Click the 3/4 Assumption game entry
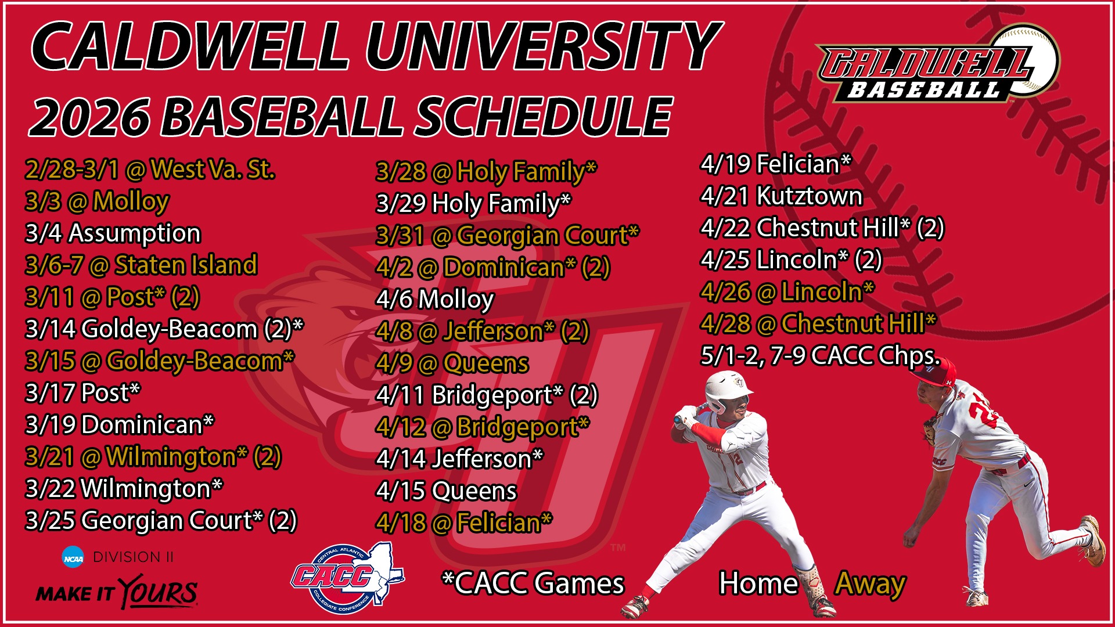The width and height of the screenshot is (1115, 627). (113, 233)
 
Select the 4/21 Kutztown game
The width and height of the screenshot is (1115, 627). (781, 196)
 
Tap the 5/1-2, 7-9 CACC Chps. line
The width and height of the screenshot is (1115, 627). (820, 356)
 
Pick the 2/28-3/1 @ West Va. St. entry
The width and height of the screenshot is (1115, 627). (150, 170)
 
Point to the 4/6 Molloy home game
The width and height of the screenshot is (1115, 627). (435, 300)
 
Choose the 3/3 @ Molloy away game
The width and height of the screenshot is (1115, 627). (97, 201)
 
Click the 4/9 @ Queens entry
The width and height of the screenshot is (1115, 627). (452, 363)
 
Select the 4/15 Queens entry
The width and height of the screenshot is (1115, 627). (446, 491)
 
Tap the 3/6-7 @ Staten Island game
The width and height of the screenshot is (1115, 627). (141, 265)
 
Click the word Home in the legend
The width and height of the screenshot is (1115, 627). (758, 583)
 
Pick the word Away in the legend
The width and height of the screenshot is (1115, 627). (870, 583)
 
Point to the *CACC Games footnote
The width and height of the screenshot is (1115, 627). (533, 583)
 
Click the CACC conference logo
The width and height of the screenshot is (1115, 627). (347, 578)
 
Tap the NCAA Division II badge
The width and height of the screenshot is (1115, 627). (118, 557)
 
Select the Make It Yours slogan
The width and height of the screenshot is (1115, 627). (117, 593)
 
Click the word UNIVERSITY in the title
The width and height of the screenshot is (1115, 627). (544, 46)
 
